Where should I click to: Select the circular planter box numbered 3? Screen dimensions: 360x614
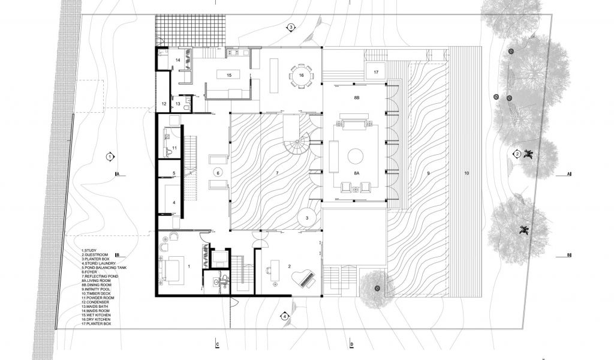tap(306, 217)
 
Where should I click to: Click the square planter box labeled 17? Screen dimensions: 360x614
tap(375, 71)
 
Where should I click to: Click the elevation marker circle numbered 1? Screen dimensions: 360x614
tap(110, 157)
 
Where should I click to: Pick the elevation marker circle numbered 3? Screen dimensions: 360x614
tap(290, 28)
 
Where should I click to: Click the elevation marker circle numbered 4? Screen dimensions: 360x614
tap(285, 316)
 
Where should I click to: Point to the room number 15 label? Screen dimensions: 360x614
tap(229, 75)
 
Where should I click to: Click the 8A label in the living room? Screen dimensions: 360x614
tap(357, 172)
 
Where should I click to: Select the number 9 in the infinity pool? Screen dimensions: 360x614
tap(428, 173)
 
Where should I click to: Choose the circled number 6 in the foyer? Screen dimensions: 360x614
tap(218, 173)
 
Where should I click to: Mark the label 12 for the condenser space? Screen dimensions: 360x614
tap(164, 104)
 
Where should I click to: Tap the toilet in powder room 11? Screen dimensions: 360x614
tap(170, 154)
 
